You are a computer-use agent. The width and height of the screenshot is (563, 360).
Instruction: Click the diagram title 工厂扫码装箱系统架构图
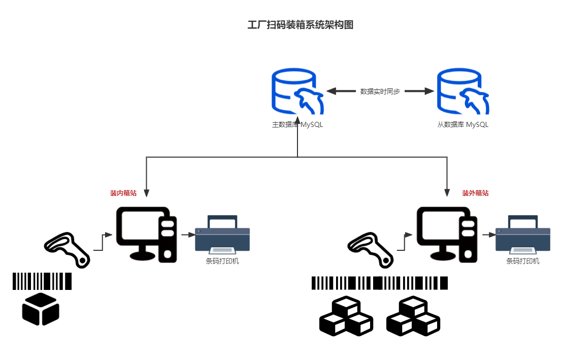pyautogui.click(x=300, y=25)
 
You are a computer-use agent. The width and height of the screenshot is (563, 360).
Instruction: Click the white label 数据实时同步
pyautogui.click(x=380, y=91)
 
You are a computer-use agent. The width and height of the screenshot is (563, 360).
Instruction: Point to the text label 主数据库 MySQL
pyautogui.click(x=297, y=124)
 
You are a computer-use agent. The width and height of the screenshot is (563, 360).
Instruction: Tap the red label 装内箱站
pyautogui.click(x=123, y=193)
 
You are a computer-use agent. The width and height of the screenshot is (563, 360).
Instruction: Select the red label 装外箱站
pyautogui.click(x=475, y=193)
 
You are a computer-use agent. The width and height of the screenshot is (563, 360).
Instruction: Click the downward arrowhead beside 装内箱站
pyautogui.click(x=146, y=193)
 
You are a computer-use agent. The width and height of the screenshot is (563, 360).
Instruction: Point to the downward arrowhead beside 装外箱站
pyautogui.click(x=447, y=193)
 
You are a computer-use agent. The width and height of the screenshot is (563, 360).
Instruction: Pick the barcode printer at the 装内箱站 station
pyautogui.click(x=222, y=234)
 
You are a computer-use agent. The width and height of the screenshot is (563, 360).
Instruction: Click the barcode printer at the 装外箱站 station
pyautogui.click(x=523, y=234)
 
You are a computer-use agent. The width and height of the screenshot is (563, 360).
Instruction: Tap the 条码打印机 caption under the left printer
pyautogui.click(x=222, y=261)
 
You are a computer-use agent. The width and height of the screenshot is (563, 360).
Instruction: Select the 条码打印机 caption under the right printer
pyautogui.click(x=523, y=261)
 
